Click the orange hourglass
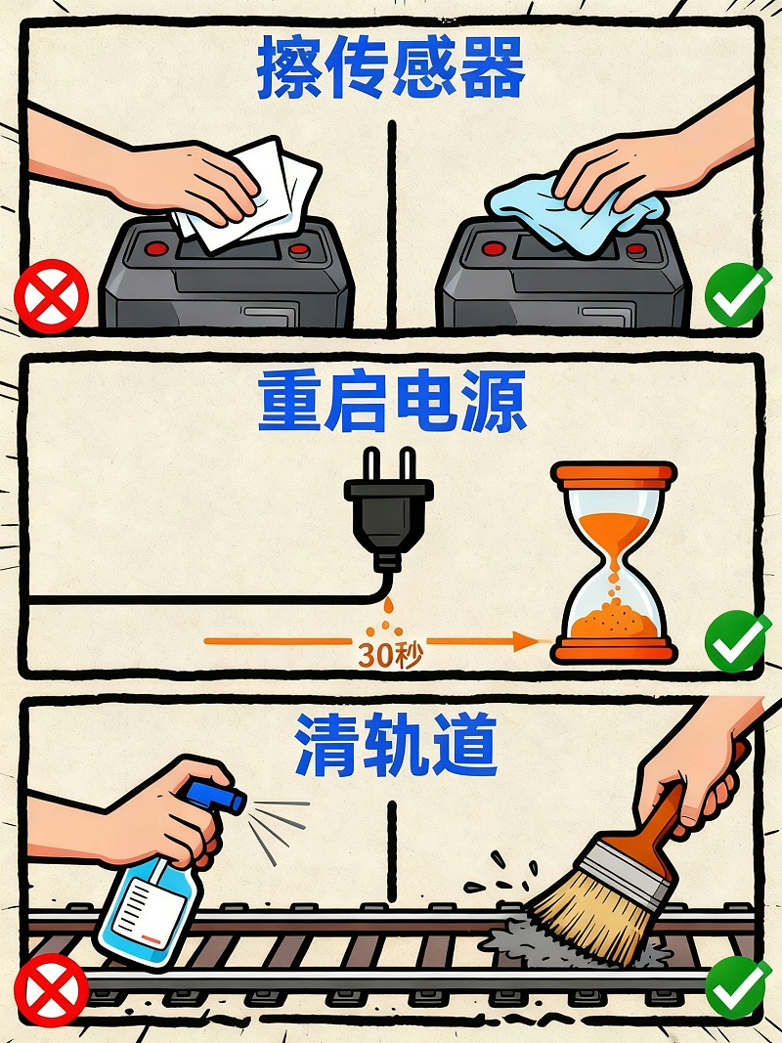click(613, 562)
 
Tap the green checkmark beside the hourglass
click(738, 640)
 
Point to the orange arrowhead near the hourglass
click(529, 642)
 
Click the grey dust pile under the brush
click(518, 943)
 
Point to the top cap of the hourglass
click(613, 474)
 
